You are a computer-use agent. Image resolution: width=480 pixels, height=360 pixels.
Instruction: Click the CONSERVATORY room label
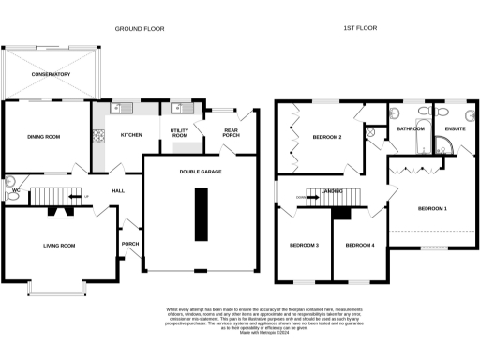(x=50, y=73)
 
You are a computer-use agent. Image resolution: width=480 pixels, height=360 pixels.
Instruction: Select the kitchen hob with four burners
(x=98, y=137)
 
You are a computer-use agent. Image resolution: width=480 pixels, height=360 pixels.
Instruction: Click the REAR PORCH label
(x=231, y=133)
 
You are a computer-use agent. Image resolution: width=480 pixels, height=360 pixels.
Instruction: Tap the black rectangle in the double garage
(x=201, y=214)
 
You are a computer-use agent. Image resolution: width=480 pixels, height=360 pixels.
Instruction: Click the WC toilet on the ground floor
(x=10, y=185)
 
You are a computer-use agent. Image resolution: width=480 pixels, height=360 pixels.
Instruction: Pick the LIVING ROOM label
(x=59, y=246)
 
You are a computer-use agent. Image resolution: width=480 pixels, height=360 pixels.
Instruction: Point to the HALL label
(x=118, y=190)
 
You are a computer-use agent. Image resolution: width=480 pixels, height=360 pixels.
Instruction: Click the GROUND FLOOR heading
(x=140, y=29)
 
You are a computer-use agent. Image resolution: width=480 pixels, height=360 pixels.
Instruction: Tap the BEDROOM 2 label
(x=325, y=138)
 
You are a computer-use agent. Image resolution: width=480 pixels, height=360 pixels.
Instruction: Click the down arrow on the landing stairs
(x=303, y=198)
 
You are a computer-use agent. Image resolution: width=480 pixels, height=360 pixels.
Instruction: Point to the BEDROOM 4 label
(x=359, y=246)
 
